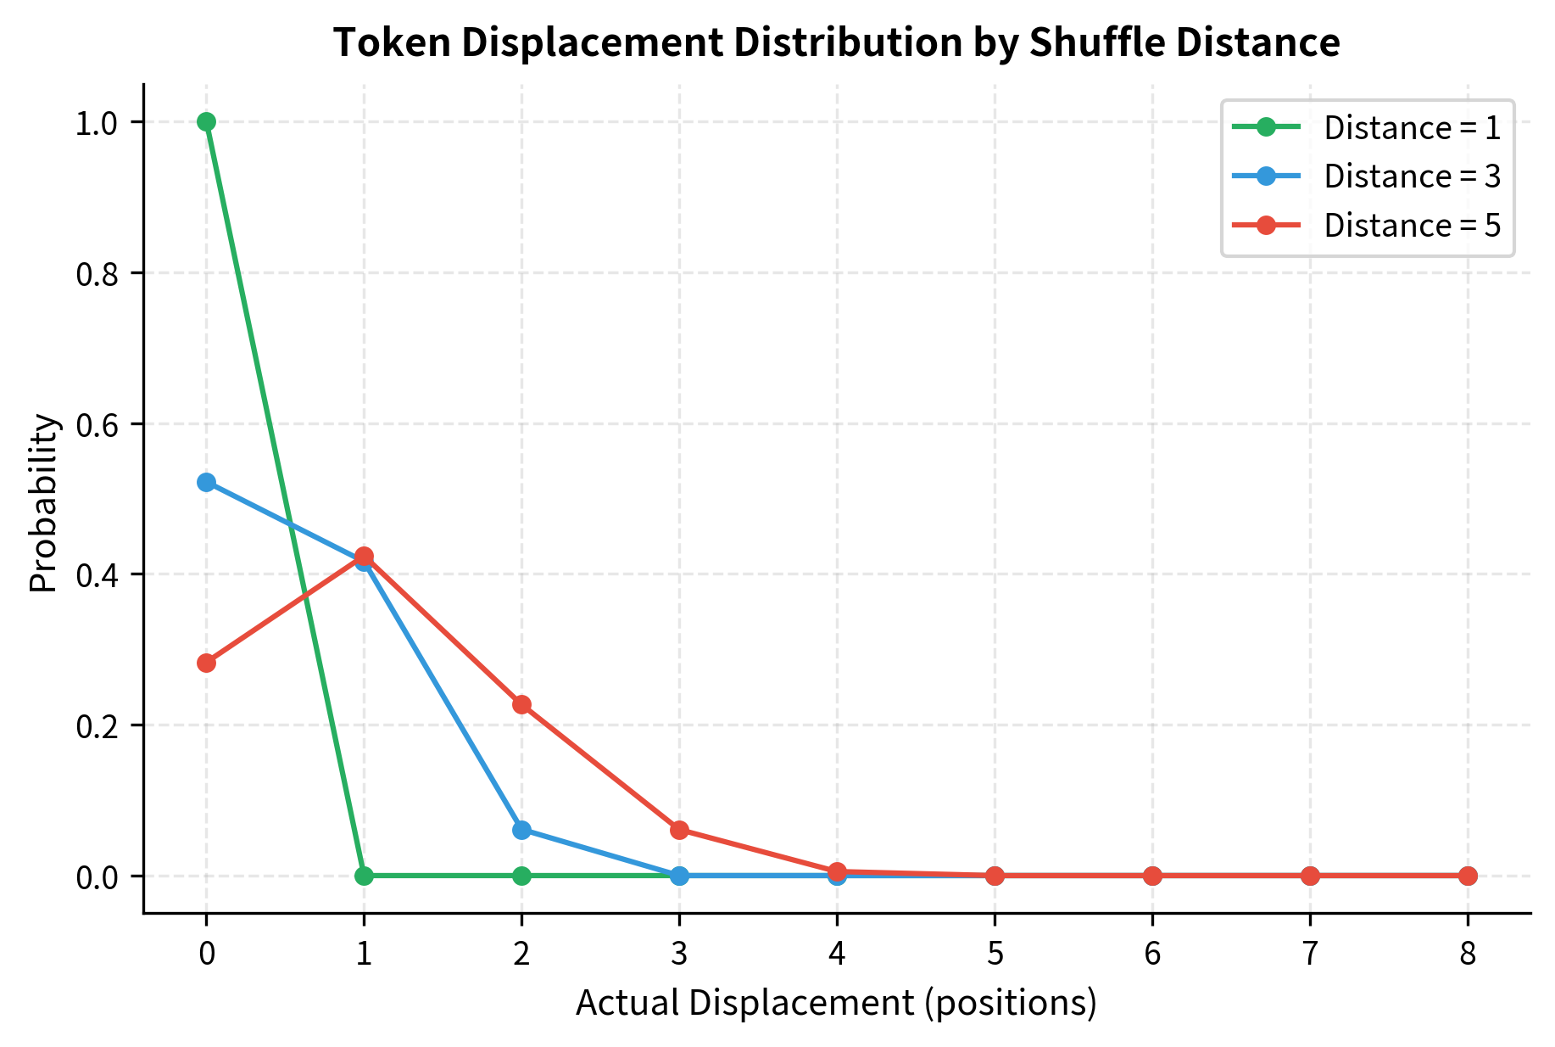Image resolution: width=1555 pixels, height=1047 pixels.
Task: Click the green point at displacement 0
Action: point(206,121)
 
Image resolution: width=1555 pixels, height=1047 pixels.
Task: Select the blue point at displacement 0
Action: point(206,482)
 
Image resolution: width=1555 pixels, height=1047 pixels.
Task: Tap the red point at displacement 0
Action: point(206,663)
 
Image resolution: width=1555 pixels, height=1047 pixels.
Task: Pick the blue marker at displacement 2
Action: point(521,830)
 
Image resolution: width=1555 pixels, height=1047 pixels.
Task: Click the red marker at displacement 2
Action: point(521,704)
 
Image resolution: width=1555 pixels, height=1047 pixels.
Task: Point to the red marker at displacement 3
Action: point(679,830)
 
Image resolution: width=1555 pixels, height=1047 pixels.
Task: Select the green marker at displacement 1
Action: point(364,876)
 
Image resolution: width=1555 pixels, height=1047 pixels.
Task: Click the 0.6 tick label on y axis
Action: point(97,424)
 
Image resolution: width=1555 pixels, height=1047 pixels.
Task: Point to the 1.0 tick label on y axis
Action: point(97,122)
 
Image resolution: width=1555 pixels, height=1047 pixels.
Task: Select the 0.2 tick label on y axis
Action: point(97,725)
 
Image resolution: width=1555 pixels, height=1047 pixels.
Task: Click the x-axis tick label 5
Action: point(995,954)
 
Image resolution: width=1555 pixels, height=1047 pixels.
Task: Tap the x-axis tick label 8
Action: point(1468,954)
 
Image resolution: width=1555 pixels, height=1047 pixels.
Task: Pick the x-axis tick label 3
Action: point(679,954)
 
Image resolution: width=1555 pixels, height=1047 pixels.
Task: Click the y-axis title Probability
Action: point(43,503)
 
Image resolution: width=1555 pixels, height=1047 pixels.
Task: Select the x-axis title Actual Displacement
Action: point(835,1004)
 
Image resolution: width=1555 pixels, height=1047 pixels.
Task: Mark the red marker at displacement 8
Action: point(1468,876)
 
